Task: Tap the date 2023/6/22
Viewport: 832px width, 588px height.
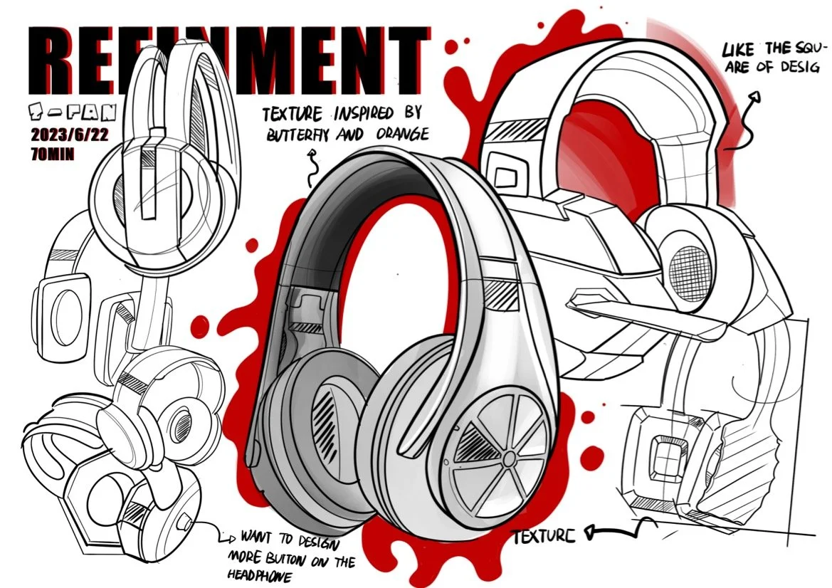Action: coord(69,136)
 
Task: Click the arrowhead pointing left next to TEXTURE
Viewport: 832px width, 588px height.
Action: coord(589,531)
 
